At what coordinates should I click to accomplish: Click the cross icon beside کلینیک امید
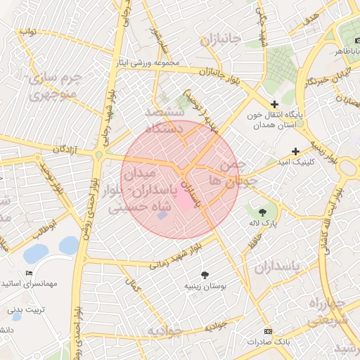click(295, 151)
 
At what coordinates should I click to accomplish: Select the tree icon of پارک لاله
click(263, 212)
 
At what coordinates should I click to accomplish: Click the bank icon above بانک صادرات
click(267, 331)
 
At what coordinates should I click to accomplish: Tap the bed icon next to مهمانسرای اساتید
click(29, 273)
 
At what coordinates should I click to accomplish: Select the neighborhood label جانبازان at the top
click(221, 39)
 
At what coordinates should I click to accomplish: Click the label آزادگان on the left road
click(63, 149)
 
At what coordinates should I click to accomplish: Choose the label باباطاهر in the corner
click(347, 51)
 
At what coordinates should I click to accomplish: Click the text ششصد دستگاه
click(164, 120)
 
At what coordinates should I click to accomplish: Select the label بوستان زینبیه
click(205, 286)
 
